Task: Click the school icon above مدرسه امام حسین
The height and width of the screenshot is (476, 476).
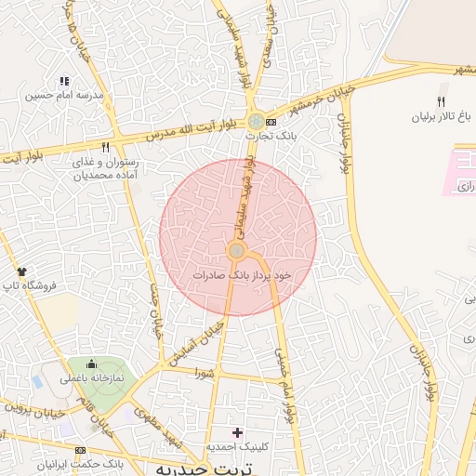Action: (63, 82)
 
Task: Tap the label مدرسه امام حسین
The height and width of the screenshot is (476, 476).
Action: (63, 96)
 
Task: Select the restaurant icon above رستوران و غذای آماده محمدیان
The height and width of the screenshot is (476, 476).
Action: (106, 147)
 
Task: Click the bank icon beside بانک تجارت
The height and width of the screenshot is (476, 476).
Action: (271, 122)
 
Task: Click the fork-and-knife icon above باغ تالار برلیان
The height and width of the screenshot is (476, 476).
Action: (442, 102)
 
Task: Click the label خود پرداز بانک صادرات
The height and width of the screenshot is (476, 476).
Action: (243, 275)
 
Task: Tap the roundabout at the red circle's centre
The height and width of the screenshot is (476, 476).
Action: (237, 251)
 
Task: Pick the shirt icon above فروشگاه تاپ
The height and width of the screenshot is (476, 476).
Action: (22, 271)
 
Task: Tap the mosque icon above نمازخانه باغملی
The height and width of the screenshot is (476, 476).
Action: (94, 364)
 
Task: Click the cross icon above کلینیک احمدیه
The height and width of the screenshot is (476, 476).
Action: (238, 432)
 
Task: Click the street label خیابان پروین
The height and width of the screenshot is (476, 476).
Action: (33, 404)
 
